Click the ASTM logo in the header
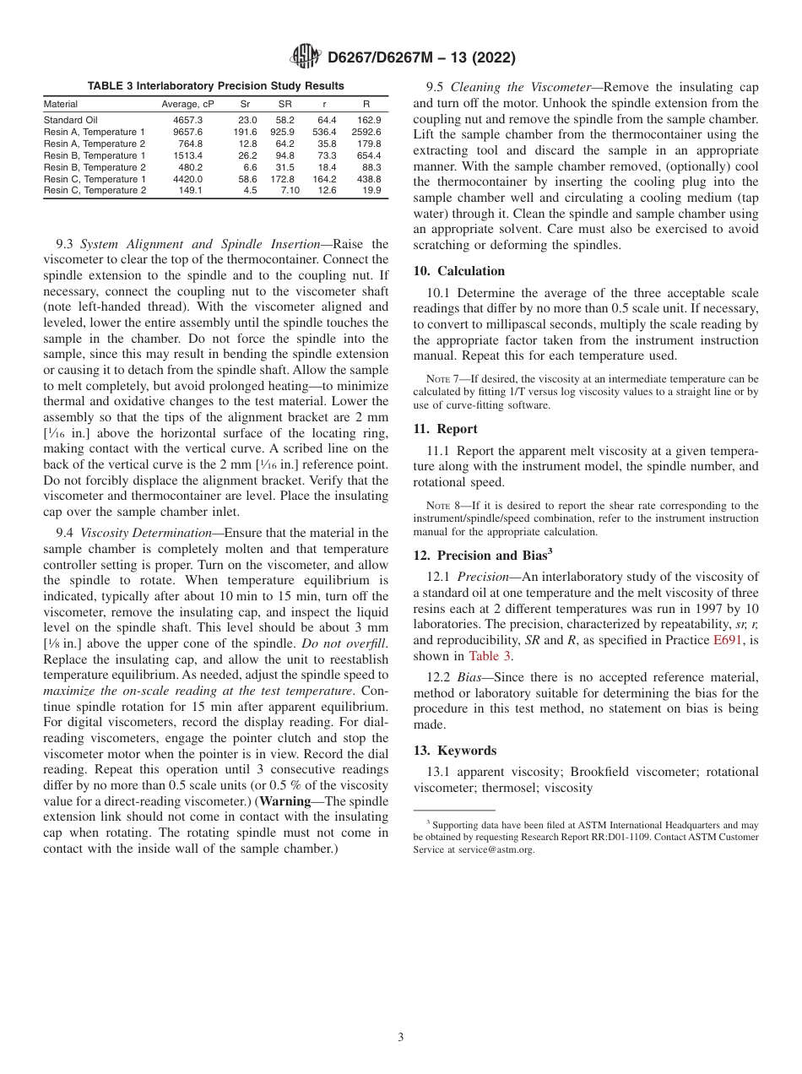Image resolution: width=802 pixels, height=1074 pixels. click(x=305, y=57)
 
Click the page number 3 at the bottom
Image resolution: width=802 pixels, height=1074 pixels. click(x=401, y=1038)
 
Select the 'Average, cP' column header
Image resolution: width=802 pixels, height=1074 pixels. click(x=187, y=104)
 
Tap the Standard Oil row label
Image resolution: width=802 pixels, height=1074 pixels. click(x=70, y=120)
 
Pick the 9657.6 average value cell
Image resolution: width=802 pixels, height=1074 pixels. click(x=187, y=132)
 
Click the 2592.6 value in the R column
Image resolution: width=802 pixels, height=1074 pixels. click(x=366, y=132)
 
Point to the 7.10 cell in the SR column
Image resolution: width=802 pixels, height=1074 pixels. click(x=290, y=191)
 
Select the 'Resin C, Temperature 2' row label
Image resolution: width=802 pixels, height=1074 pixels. click(x=95, y=191)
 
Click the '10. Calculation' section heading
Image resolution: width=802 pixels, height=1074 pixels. click(x=458, y=271)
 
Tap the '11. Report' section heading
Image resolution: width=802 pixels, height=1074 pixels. click(x=445, y=429)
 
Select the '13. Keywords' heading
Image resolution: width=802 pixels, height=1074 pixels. click(x=454, y=751)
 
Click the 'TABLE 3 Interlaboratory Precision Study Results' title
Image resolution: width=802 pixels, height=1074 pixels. click(x=215, y=86)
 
